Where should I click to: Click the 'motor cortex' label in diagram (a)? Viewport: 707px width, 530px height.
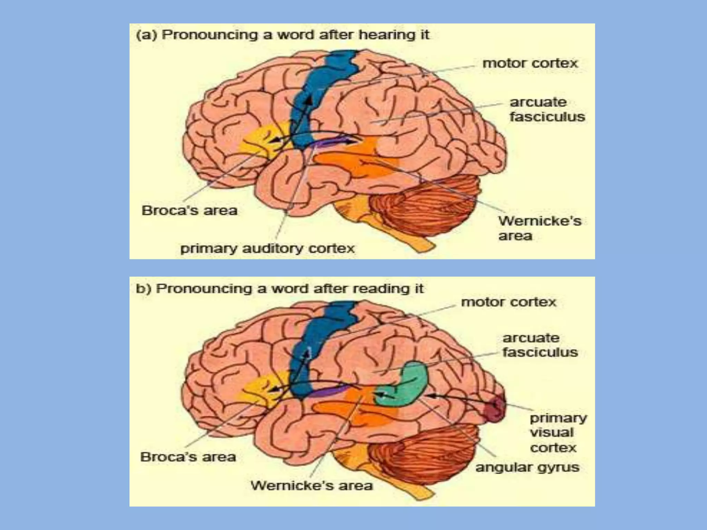[530, 63]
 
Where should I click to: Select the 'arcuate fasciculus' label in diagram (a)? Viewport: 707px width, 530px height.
[547, 109]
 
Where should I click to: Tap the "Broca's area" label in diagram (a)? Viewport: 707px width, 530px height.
[190, 210]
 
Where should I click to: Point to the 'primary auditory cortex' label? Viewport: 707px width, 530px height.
[268, 248]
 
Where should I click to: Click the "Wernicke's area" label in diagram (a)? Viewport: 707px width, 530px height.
[540, 228]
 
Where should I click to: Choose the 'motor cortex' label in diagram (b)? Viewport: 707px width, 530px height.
[509, 302]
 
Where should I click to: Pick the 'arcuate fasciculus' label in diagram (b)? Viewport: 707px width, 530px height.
[540, 345]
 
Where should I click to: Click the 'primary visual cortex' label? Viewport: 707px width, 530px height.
[558, 433]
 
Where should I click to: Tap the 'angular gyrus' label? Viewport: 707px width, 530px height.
[527, 468]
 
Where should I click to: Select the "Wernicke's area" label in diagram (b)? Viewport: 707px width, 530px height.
[311, 486]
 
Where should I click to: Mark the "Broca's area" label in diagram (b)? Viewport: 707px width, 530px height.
[188, 457]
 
